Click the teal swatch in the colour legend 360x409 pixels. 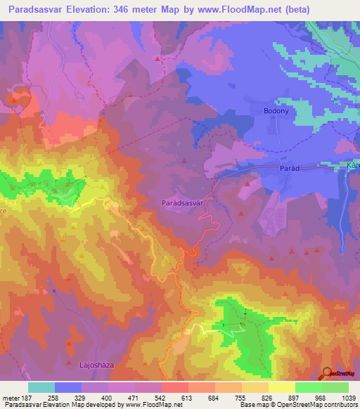(x=41, y=387)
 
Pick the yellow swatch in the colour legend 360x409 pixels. (x=281, y=387)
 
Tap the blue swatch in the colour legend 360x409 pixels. (x=68, y=387)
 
